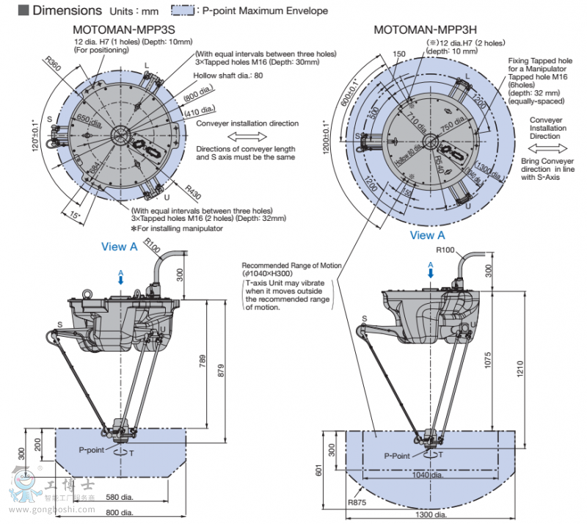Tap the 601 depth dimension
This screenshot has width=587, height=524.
319,470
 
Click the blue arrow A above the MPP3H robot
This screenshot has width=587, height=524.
430,269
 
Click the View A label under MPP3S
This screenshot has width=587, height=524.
119,247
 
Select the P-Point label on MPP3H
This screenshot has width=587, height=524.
397,455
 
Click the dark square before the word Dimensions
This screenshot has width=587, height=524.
23,10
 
